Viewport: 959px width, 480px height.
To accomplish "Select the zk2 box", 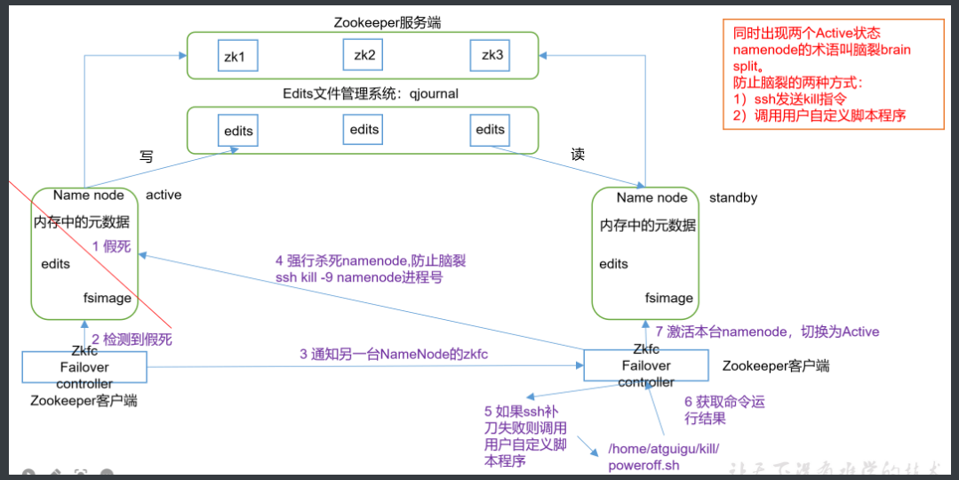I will point(364,55).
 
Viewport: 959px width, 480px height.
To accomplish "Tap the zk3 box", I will point(492,55).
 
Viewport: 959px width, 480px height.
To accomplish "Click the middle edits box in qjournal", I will point(364,130).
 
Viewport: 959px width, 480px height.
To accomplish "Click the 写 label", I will point(147,156).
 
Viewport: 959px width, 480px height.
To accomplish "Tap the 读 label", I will point(578,154).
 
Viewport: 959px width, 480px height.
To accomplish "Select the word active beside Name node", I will point(164,195).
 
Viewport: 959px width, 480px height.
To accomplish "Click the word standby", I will point(733,197).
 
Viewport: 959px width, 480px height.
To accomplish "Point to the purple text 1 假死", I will point(111,246).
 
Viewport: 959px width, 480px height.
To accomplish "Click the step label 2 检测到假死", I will point(132,339).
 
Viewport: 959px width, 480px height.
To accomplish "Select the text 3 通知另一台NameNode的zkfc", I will point(394,354).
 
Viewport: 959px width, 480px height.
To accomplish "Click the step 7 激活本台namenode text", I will point(767,332).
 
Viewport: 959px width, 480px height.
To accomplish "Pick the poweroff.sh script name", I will point(644,465).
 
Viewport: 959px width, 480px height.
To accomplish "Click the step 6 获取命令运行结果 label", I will point(724,410).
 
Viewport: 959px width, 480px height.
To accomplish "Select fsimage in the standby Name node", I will point(669,299).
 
